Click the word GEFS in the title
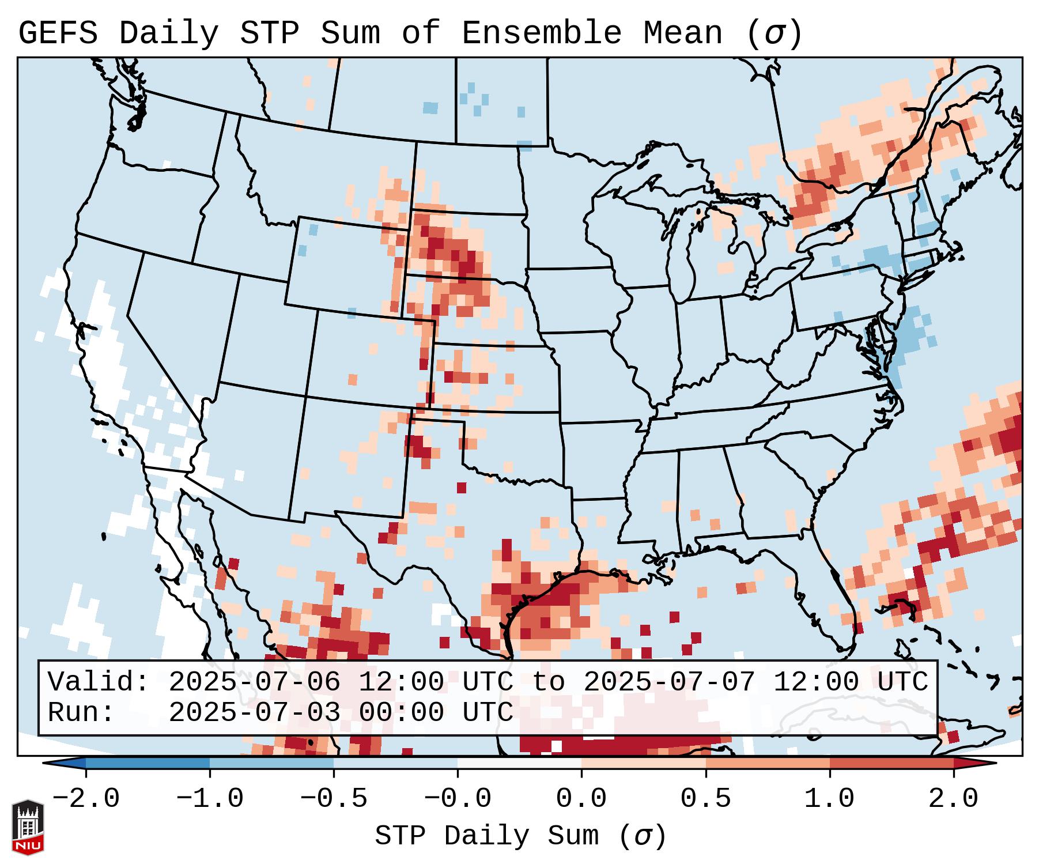(58, 33)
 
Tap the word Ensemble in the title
(541, 33)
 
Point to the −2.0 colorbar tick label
(86, 799)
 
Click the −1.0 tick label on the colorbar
(210, 799)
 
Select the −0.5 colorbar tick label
(334, 799)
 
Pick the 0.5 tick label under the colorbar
(705, 799)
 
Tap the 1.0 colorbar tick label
(829, 799)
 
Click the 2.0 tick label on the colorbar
(953, 799)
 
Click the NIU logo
(28, 827)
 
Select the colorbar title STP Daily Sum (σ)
(520, 836)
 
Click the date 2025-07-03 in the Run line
(254, 712)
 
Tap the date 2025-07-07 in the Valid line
(669, 682)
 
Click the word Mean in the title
(682, 33)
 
